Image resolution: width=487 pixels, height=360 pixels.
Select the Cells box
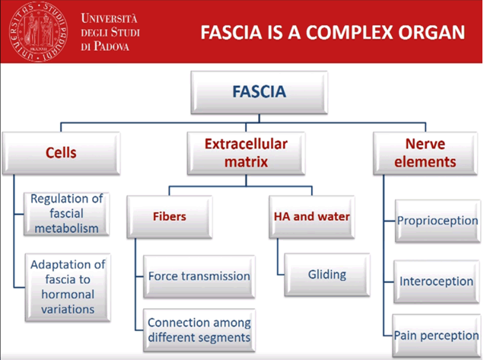click(x=61, y=151)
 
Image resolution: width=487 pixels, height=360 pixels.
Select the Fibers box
click(x=169, y=216)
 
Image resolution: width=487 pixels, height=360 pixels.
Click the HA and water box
click(x=311, y=216)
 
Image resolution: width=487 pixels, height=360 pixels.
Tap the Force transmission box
click(x=199, y=276)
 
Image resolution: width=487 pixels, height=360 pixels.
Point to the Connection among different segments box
click(x=199, y=330)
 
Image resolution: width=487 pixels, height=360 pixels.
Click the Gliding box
click(x=327, y=275)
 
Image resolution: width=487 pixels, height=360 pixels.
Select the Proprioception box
click(x=437, y=221)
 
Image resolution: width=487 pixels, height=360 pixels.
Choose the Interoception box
click(x=437, y=281)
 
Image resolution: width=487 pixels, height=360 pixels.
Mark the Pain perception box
click(x=437, y=334)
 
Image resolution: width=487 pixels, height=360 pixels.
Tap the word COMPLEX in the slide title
click(x=350, y=32)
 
